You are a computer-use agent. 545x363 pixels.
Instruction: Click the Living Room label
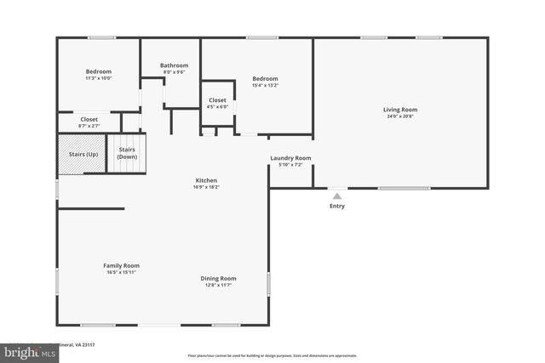[x=399, y=109]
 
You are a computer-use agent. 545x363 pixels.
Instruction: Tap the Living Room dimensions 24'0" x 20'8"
[x=399, y=116]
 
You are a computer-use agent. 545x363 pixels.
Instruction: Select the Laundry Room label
[x=290, y=158]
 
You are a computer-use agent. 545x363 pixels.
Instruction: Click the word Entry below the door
[x=338, y=206]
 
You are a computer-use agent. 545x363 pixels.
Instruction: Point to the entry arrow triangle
[x=338, y=196]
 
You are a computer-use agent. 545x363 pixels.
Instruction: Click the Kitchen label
[x=207, y=180]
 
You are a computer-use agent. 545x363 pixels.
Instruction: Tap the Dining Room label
[x=219, y=278]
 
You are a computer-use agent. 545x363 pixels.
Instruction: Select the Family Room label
[x=122, y=265]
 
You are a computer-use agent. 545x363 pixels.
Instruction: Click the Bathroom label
[x=174, y=65]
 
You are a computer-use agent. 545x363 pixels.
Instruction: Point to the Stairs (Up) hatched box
[x=82, y=154]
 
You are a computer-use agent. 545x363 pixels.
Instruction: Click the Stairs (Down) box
[x=127, y=154]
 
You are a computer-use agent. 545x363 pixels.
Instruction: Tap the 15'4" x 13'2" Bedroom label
[x=266, y=78]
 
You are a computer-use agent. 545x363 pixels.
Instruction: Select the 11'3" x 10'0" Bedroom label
[x=99, y=71]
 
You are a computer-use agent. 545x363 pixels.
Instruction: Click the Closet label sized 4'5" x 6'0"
[x=217, y=100]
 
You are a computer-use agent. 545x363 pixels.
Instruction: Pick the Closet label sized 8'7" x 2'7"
[x=89, y=120]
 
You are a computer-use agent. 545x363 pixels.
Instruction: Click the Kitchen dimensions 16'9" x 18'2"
[x=207, y=187]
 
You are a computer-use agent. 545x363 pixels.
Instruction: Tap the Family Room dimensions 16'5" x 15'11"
[x=122, y=272]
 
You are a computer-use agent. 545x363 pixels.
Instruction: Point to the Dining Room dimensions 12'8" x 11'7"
[x=219, y=285]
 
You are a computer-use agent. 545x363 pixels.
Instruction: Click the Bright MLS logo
[x=26, y=352]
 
